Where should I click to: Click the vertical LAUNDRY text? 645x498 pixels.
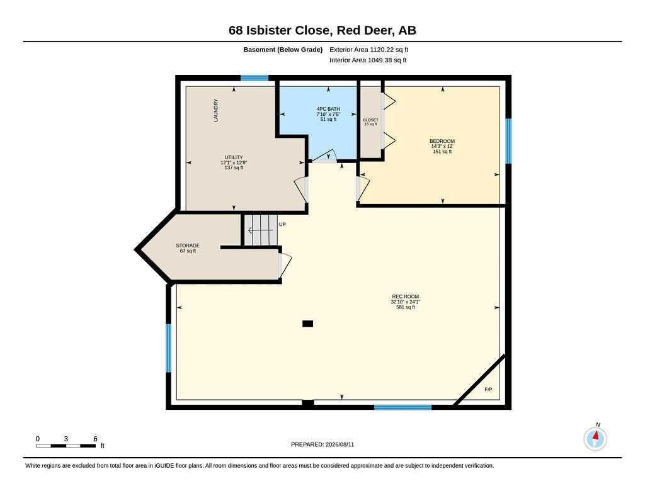click(216, 110)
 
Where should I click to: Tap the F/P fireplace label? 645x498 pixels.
click(488, 390)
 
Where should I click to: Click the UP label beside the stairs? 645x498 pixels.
click(282, 225)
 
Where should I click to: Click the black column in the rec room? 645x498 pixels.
click(307, 324)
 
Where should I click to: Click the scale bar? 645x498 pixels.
click(66, 446)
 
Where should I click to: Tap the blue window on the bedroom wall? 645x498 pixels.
click(508, 141)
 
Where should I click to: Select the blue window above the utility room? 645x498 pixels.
click(254, 78)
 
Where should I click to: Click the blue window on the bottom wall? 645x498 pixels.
click(402, 407)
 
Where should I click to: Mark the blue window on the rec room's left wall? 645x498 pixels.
click(169, 348)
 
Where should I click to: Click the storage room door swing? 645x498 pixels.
click(285, 265)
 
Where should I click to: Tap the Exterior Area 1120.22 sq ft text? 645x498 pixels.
click(368, 50)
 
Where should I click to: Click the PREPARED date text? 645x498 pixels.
click(322, 444)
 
